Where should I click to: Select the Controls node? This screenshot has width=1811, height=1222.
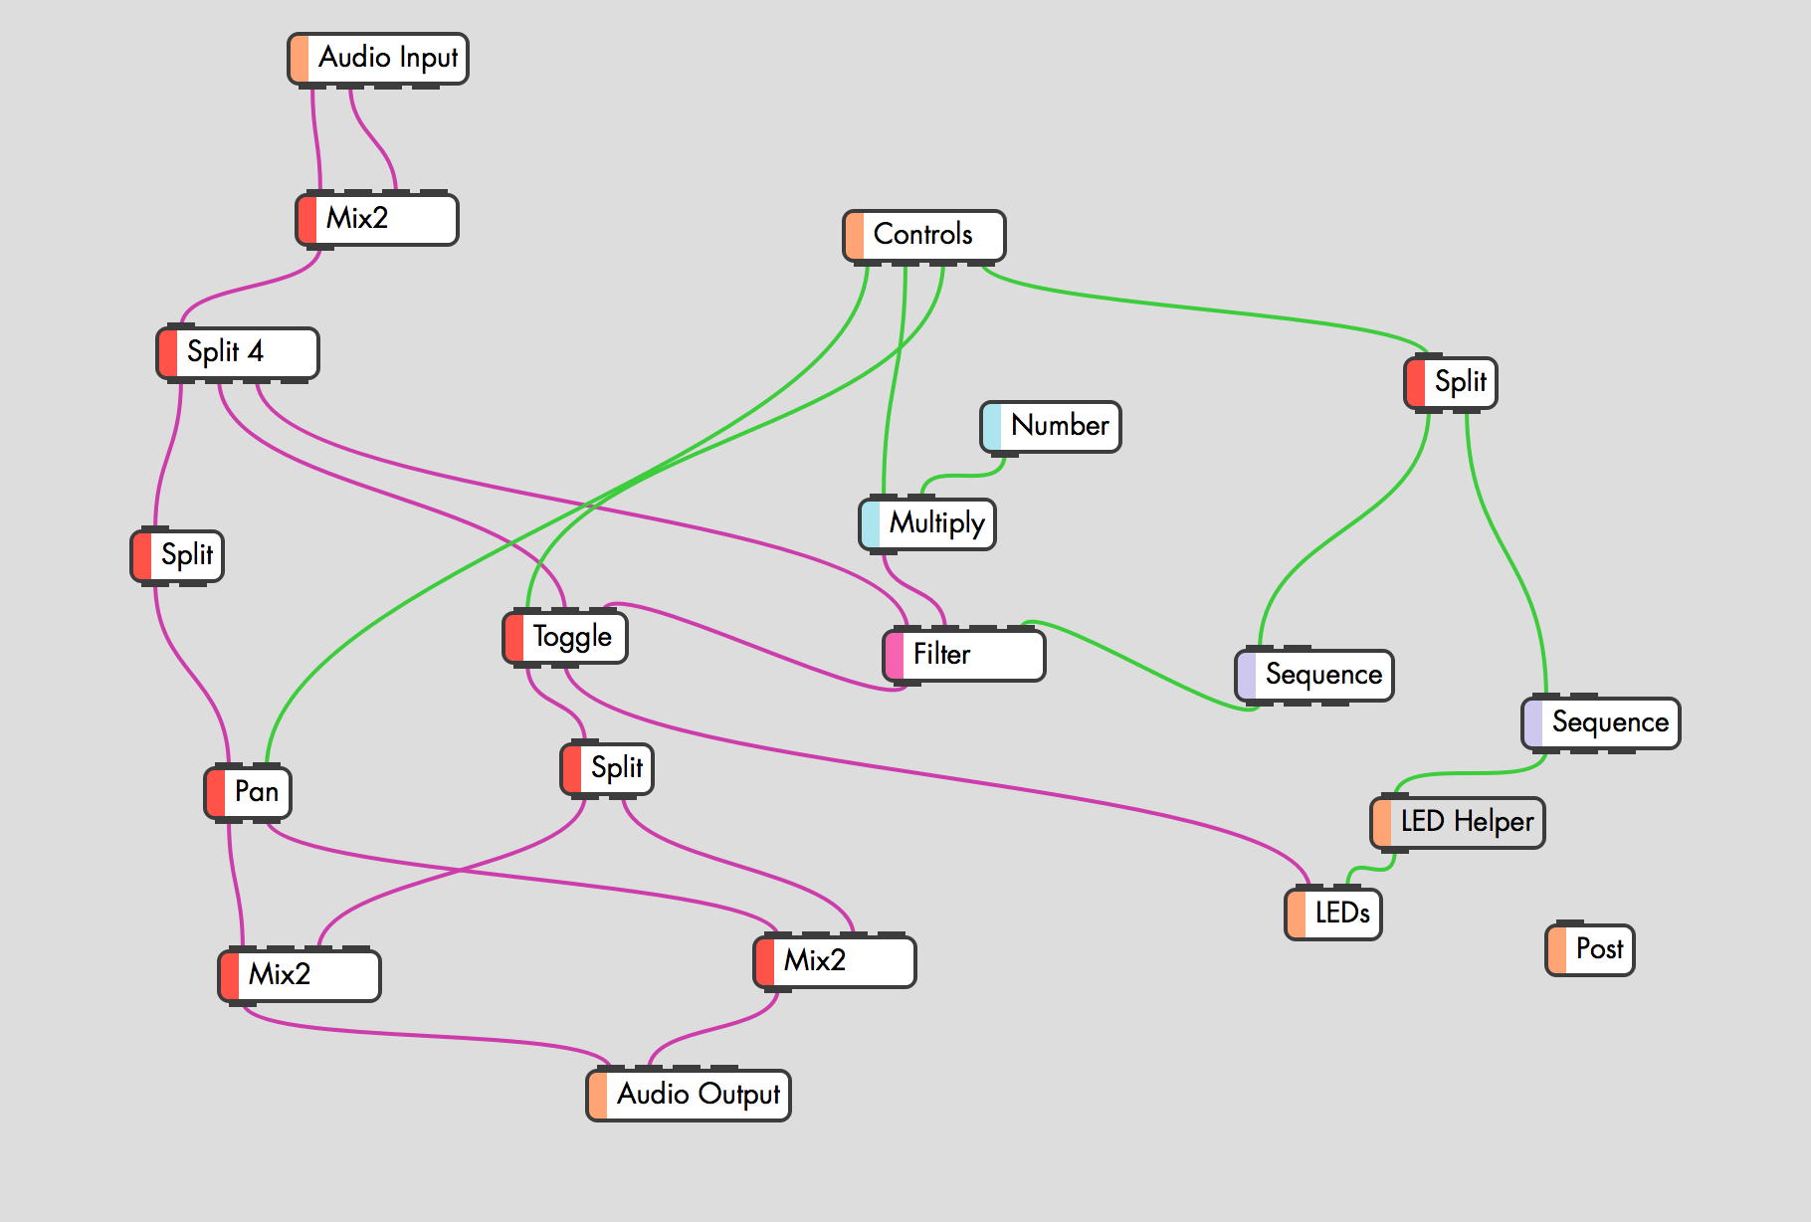[923, 236]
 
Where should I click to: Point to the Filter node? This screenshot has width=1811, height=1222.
[964, 656]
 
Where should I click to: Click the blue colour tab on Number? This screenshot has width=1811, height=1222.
[992, 427]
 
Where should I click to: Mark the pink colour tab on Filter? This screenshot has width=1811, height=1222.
[895, 656]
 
